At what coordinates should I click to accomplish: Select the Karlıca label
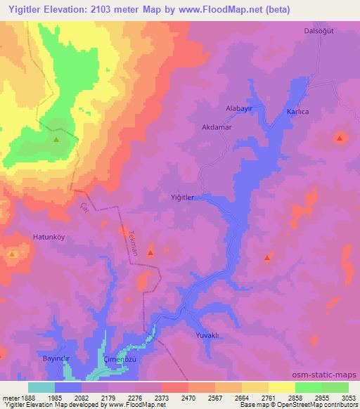(x=298, y=112)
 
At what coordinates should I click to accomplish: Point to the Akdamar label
(x=217, y=129)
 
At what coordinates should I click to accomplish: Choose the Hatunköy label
(x=49, y=237)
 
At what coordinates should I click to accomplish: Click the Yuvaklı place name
(x=210, y=335)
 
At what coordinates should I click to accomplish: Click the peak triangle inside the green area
(x=56, y=138)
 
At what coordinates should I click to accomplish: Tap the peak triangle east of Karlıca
(x=340, y=138)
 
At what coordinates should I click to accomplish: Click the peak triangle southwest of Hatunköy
(x=12, y=254)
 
